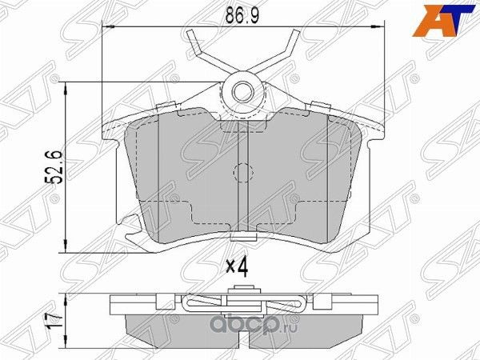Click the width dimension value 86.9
(x=242, y=14)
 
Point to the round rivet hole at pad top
(x=242, y=91)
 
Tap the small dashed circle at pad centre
(x=242, y=171)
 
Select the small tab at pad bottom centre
(x=242, y=237)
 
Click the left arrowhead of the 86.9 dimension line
(x=110, y=29)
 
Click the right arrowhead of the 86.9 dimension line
(x=375, y=29)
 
